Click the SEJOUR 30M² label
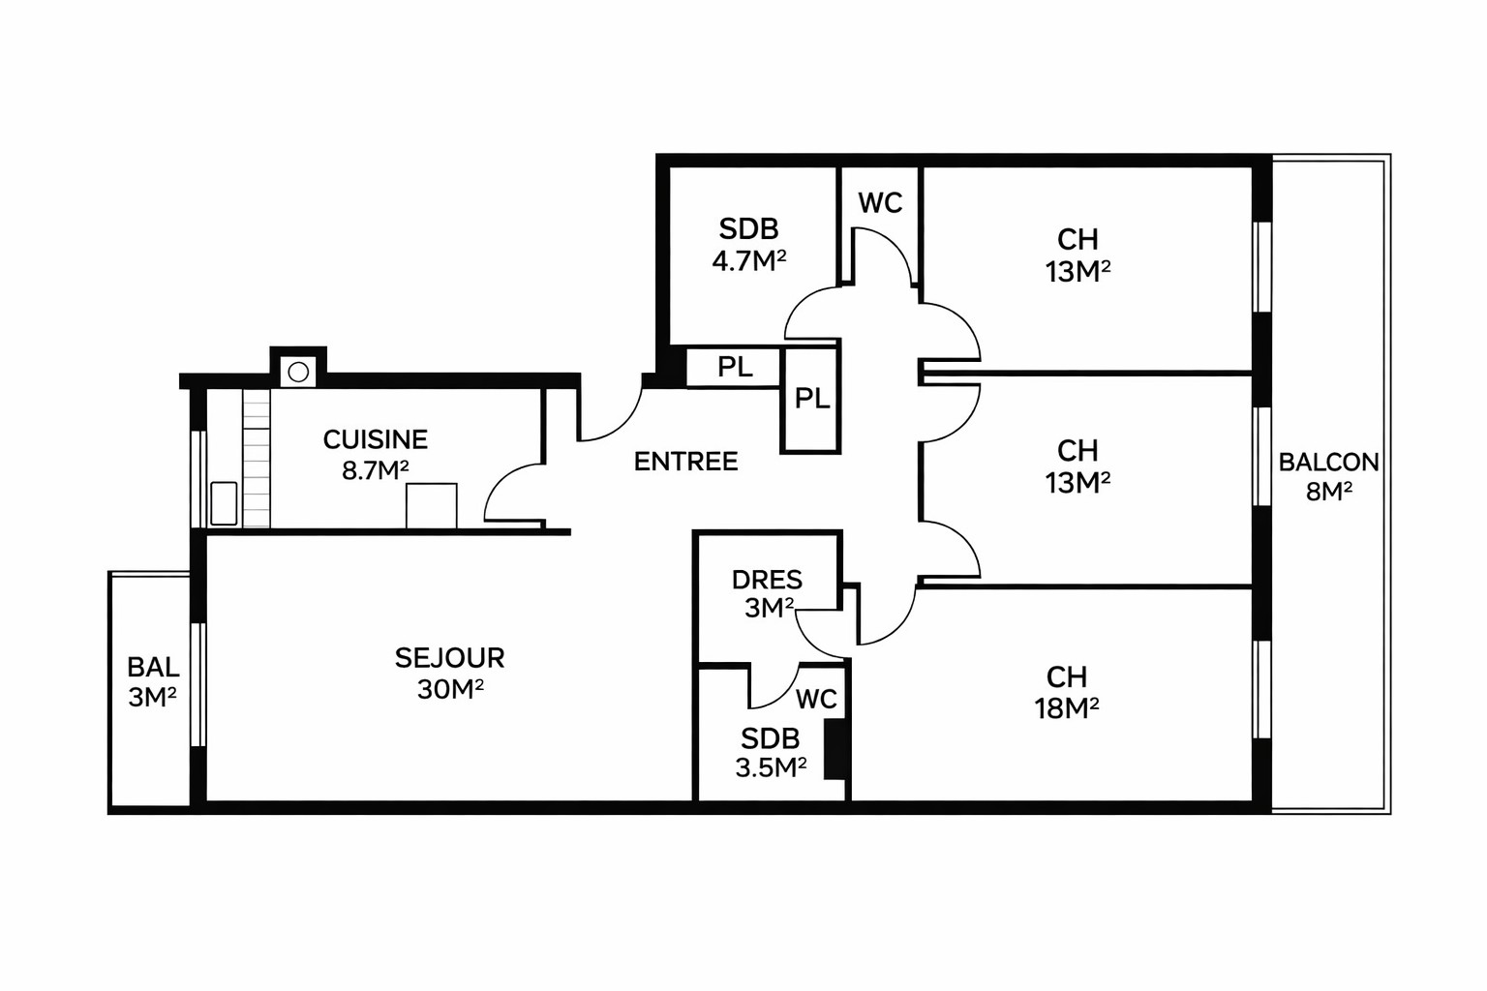(449, 673)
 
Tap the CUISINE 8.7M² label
(375, 455)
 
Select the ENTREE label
(685, 462)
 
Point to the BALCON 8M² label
(1328, 476)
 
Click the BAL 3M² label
(153, 682)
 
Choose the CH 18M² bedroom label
(1067, 693)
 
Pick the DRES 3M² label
(768, 593)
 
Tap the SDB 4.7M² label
(748, 245)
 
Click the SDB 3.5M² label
(771, 753)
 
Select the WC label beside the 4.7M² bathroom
(880, 203)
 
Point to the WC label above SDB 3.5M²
(816, 699)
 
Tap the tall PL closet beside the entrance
(811, 398)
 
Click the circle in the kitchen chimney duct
(298, 373)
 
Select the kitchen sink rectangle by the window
(224, 503)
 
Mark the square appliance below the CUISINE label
(432, 506)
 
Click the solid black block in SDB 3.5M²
(835, 749)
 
